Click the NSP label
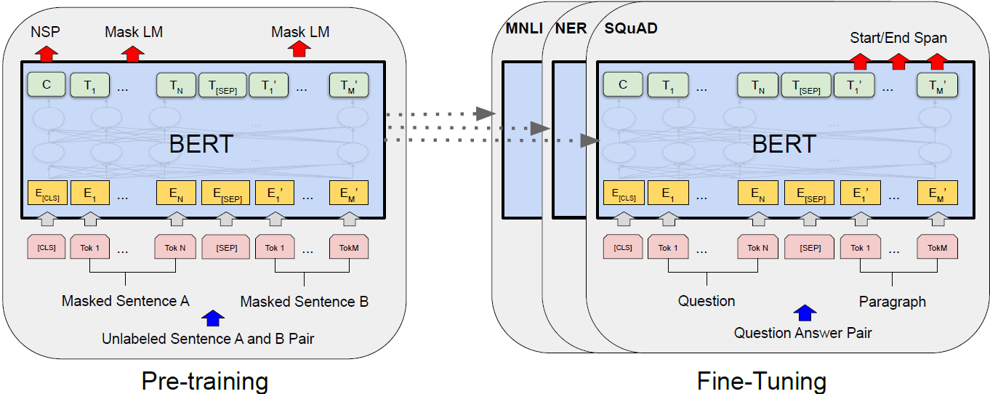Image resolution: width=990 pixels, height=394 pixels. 45,32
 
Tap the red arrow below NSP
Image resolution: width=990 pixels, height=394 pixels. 46,53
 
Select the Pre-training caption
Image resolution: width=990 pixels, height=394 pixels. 204,381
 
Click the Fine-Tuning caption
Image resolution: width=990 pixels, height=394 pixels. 761,381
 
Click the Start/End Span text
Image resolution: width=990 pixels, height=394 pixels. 898,38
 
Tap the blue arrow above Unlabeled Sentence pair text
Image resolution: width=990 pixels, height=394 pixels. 212,318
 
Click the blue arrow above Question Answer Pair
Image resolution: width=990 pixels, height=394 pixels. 804,313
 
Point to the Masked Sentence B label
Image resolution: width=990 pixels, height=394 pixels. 304,301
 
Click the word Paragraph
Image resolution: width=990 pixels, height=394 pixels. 893,301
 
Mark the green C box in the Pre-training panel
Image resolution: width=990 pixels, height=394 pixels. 46,85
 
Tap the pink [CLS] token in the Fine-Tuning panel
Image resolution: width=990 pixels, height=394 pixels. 623,248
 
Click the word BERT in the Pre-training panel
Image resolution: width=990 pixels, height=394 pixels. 201,144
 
